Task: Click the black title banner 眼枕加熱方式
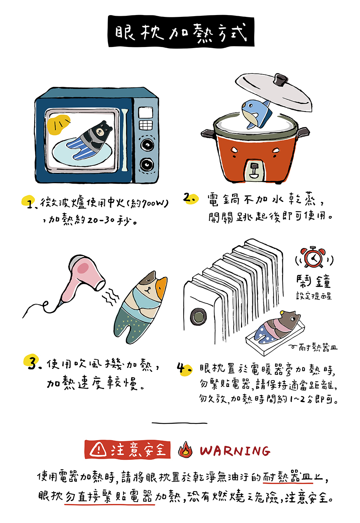tap(181, 32)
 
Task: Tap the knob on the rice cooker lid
tap(281, 79)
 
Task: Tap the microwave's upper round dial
tap(147, 145)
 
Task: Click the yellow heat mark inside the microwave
tap(58, 125)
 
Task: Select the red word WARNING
tap(235, 451)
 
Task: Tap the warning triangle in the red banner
tap(98, 449)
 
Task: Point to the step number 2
tap(190, 199)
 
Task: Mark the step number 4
tap(183, 368)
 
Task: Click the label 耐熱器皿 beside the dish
tap(317, 347)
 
